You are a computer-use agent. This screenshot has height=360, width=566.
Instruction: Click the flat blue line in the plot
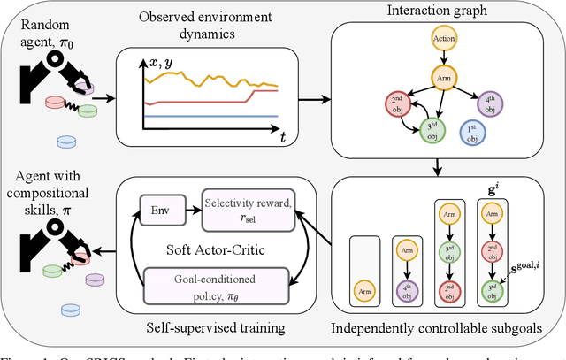tap(203, 116)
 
